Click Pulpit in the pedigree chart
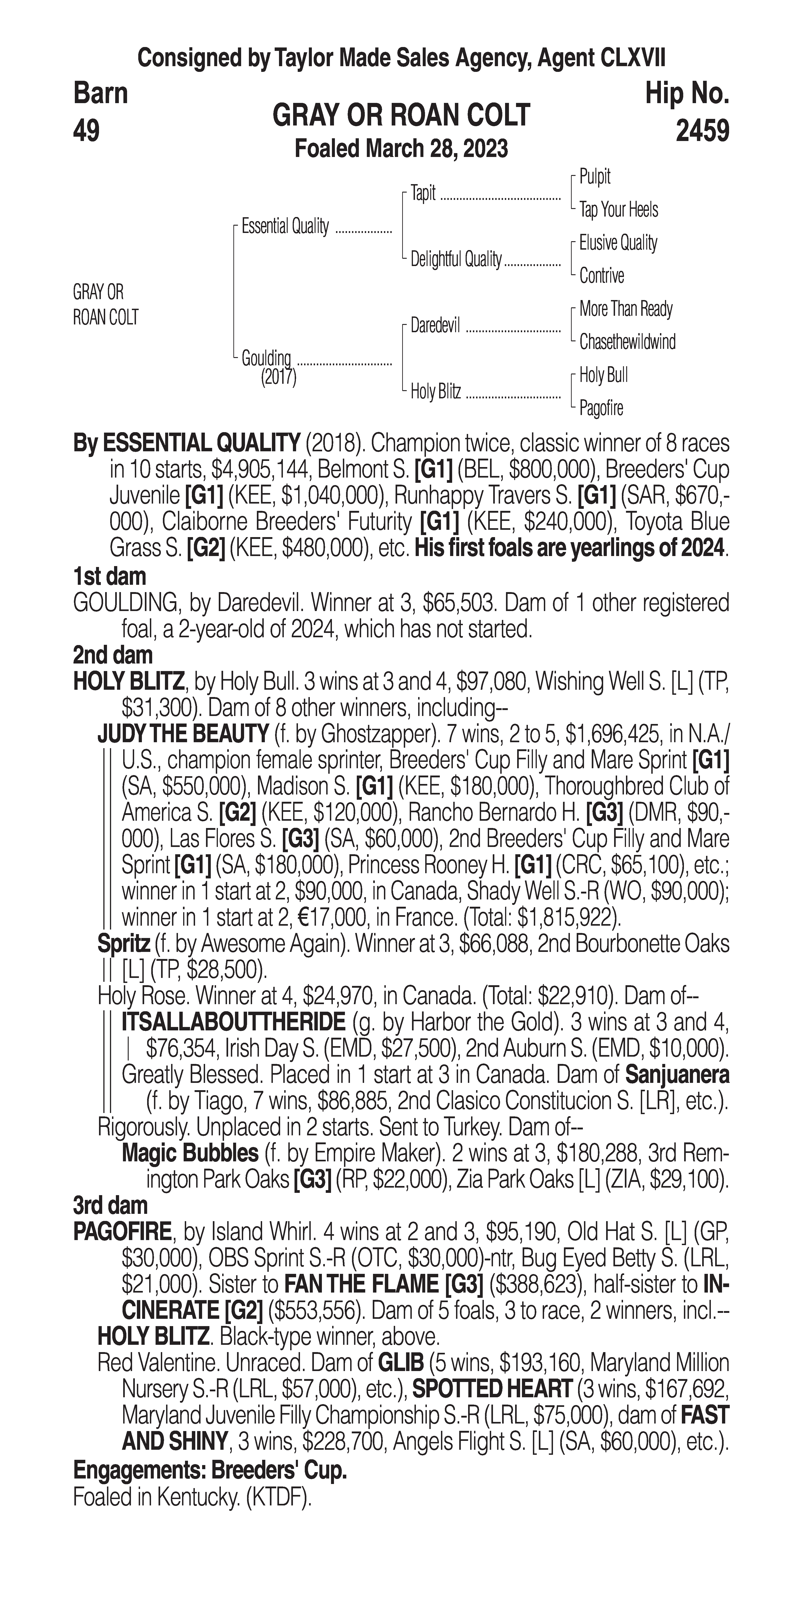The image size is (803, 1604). click(594, 177)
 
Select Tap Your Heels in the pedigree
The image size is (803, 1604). click(618, 210)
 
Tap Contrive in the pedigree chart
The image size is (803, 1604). click(601, 276)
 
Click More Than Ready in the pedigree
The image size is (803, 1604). click(626, 309)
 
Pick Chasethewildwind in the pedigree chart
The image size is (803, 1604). click(627, 342)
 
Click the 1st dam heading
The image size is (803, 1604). click(109, 577)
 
